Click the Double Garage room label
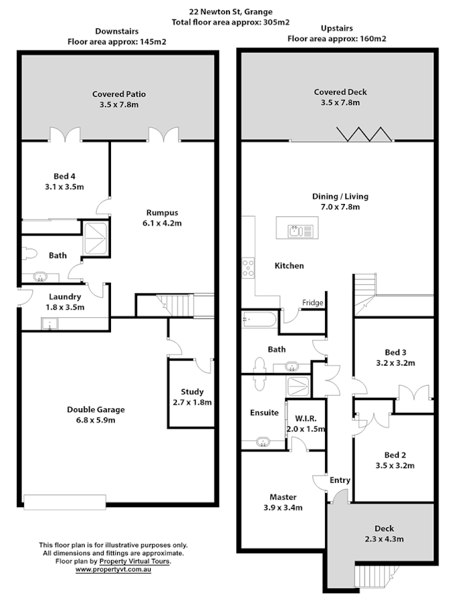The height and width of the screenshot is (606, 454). [x=96, y=415]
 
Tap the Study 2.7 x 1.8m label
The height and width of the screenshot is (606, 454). [x=192, y=397]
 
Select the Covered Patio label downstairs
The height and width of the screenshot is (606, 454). [x=118, y=99]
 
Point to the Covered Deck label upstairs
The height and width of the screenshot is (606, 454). [x=340, y=97]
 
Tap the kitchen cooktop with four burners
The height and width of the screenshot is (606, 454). [x=248, y=267]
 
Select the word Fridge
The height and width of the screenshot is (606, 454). [x=313, y=303]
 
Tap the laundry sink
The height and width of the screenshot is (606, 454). [x=48, y=325]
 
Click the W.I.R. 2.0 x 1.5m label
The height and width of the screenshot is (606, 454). [x=306, y=424]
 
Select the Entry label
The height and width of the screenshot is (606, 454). [x=340, y=480]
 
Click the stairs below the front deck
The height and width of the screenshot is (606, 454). [x=374, y=576]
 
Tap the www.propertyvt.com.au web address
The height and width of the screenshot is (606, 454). [x=112, y=570]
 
